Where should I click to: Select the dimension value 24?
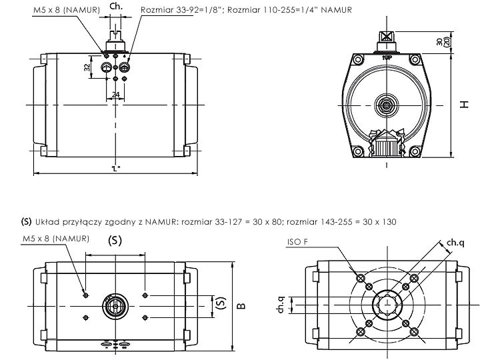point(115,95)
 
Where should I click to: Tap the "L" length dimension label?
point(115,169)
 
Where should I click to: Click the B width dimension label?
point(241,306)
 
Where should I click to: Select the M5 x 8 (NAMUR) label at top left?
point(66,10)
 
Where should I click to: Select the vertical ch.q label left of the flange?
point(282,305)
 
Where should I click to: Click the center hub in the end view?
point(385,105)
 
